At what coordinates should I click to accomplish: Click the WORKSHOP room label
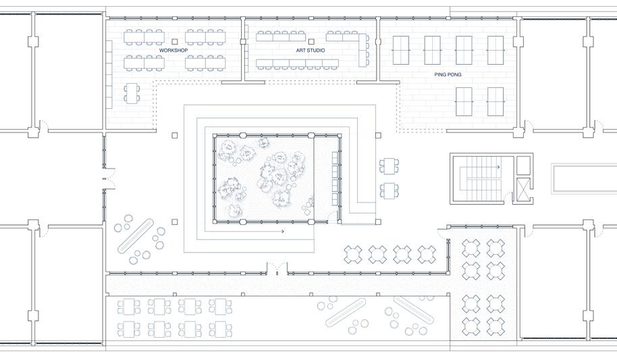[173, 51]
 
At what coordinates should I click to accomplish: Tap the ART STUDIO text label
[310, 51]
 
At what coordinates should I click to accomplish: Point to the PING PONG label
[448, 74]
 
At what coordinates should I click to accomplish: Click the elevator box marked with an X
[523, 190]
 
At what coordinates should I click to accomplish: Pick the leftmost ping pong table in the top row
[400, 50]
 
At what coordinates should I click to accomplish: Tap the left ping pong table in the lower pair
[464, 101]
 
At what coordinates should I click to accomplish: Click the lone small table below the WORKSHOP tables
[131, 93]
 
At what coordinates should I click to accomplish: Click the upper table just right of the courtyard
[388, 165]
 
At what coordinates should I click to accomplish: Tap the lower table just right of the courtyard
[388, 190]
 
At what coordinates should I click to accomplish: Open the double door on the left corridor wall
[104, 178]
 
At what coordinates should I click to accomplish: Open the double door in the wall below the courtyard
[276, 272]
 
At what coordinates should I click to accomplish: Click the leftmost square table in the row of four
[353, 255]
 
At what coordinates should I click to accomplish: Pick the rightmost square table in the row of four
[427, 255]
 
